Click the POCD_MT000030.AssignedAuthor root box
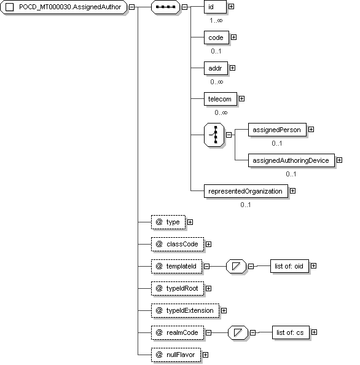click(x=63, y=7)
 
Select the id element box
click(x=215, y=7)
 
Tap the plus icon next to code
click(x=233, y=37)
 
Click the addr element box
click(x=216, y=68)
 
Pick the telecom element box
click(x=221, y=99)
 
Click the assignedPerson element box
click(x=277, y=130)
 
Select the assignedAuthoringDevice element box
click(x=291, y=160)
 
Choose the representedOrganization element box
click(x=246, y=191)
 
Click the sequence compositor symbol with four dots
click(x=165, y=7)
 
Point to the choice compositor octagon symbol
click(x=214, y=135)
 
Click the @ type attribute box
click(x=168, y=222)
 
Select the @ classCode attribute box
click(x=178, y=244)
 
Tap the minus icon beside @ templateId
click(x=206, y=266)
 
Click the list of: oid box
click(x=289, y=266)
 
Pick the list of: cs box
click(x=291, y=332)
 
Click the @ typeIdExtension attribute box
click(x=185, y=310)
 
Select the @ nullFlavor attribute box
click(x=176, y=355)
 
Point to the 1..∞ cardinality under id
click(x=216, y=20)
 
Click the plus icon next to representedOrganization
click(x=292, y=191)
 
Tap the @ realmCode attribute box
click(x=178, y=332)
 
